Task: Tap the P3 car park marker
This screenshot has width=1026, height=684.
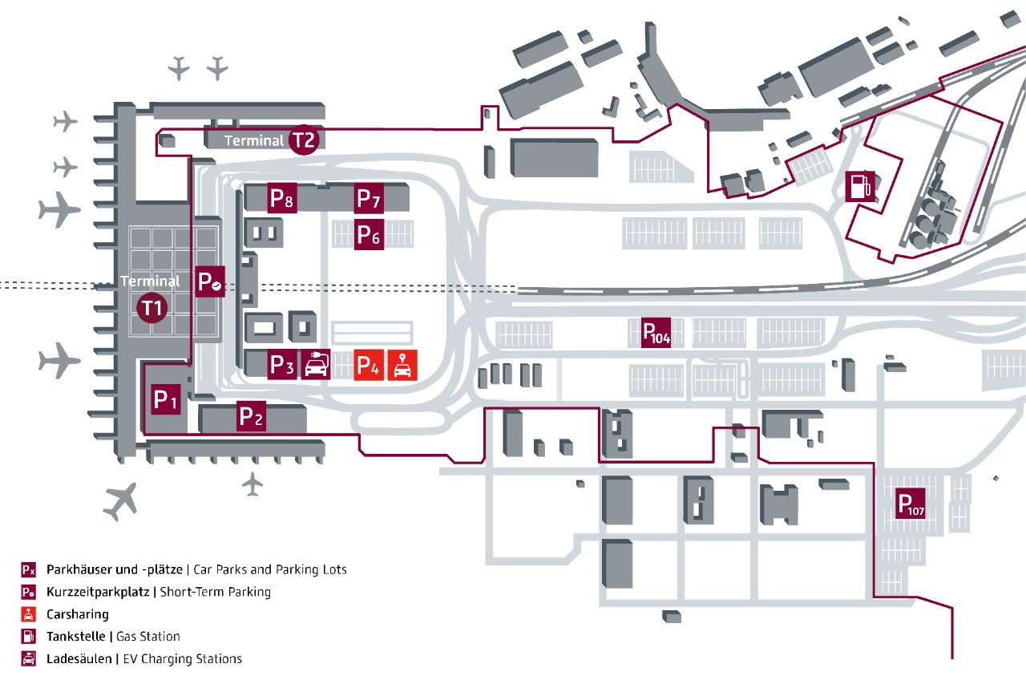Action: coord(281,365)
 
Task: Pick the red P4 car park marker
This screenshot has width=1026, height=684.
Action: coord(368,365)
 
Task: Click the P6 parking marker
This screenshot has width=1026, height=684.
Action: coord(369,235)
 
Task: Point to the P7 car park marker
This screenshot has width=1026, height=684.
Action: coord(369,197)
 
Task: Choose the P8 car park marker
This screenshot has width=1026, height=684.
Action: coord(282,198)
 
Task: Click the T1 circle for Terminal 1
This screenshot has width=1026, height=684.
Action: coord(152,307)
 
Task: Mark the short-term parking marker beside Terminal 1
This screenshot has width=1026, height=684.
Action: coord(211,282)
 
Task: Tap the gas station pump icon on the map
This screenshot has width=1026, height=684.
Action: coord(858,186)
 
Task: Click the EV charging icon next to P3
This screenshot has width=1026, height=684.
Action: coord(317,365)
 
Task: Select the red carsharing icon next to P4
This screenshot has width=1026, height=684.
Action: coord(402,365)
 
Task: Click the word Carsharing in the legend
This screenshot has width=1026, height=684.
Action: coord(78,614)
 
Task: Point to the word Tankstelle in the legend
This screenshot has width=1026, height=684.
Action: coord(77,637)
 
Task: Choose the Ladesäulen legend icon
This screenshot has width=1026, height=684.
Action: coord(28,659)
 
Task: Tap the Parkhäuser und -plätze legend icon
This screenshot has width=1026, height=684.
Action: coord(28,570)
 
